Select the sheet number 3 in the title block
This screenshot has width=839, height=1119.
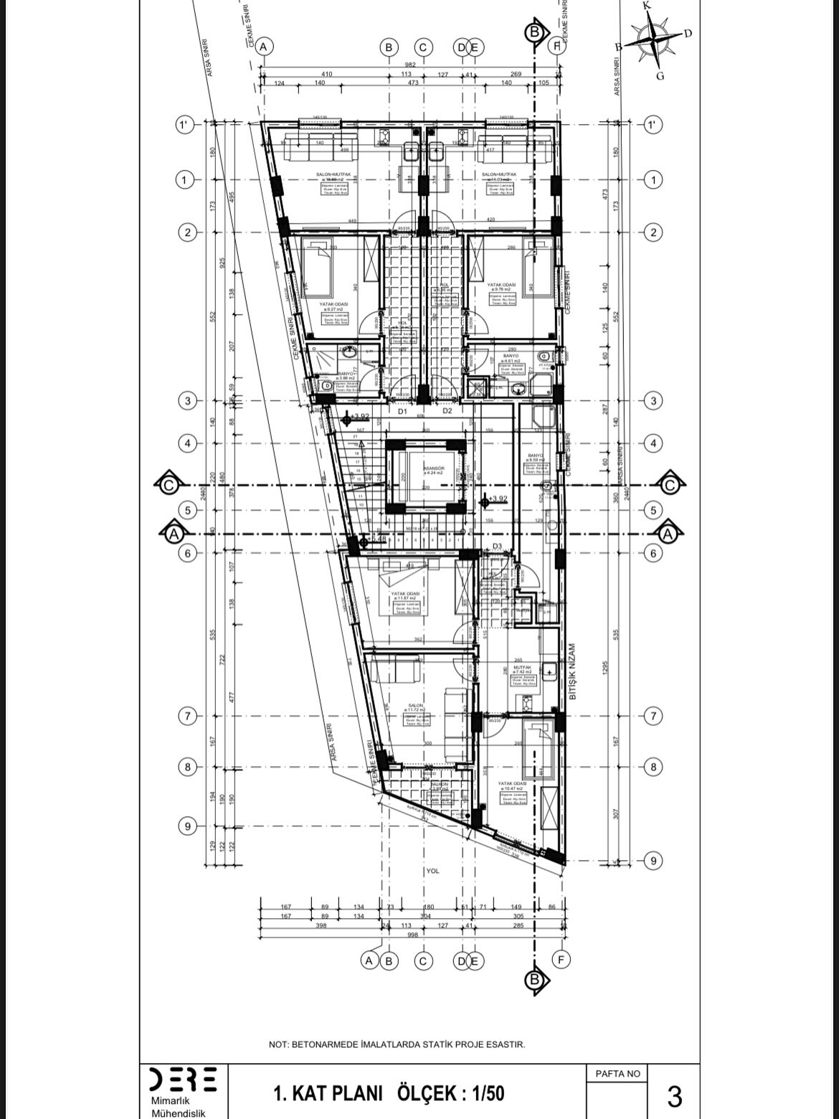[674, 1097]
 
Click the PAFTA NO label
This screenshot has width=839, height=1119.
[617, 1073]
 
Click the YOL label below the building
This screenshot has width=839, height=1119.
[432, 871]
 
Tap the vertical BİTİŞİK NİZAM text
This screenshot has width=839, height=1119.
[572, 671]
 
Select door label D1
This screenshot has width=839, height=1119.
[403, 412]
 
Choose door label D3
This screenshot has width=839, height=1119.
[498, 547]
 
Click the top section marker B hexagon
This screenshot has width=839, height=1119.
[534, 32]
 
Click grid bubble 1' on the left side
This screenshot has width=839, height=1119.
[184, 126]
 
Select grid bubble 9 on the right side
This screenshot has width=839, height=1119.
[653, 860]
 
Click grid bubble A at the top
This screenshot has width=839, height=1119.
[265, 47]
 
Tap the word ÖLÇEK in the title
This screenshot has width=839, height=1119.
[427, 1093]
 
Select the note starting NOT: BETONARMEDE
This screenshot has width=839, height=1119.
[397, 1044]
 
